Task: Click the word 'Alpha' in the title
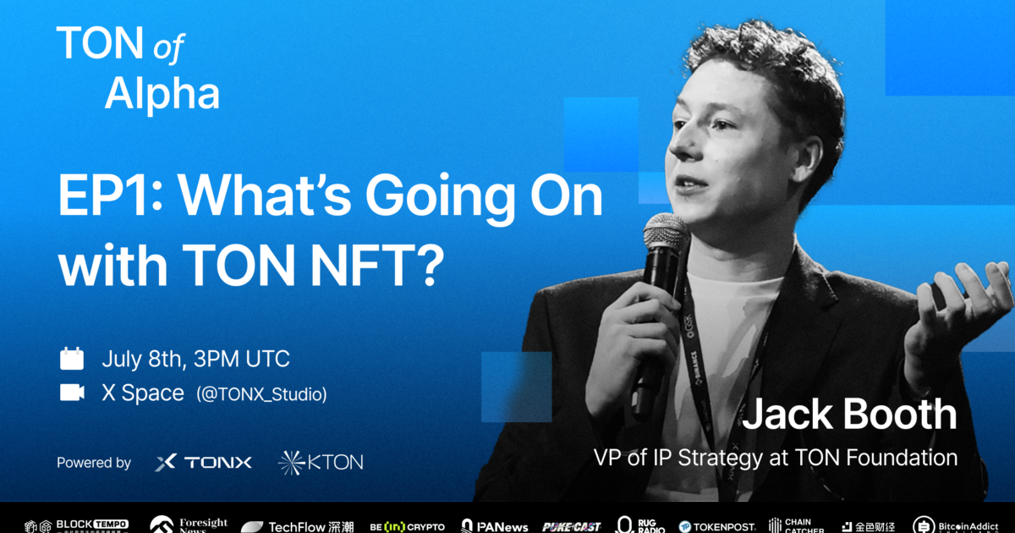pyautogui.click(x=162, y=94)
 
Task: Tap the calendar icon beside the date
pyautogui.click(x=72, y=359)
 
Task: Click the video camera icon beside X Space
pyautogui.click(x=72, y=393)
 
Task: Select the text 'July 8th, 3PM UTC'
pyautogui.click(x=195, y=359)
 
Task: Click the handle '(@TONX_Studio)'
pyautogui.click(x=261, y=394)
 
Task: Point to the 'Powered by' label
pyautogui.click(x=94, y=463)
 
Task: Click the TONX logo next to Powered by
pyautogui.click(x=204, y=463)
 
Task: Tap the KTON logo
pyautogui.click(x=321, y=463)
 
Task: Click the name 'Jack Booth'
pyautogui.click(x=849, y=415)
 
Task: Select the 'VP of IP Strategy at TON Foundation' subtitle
pyautogui.click(x=776, y=459)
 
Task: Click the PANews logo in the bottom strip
pyautogui.click(x=495, y=526)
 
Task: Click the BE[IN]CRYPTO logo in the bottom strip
pyautogui.click(x=407, y=526)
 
